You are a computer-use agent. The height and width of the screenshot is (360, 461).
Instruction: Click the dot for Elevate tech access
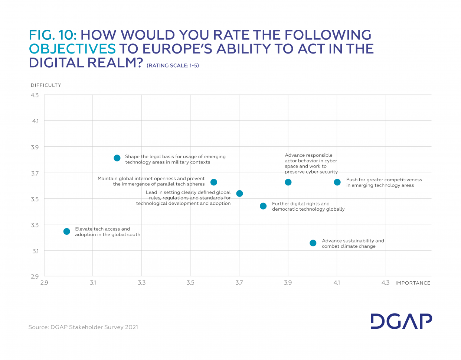click(x=67, y=231)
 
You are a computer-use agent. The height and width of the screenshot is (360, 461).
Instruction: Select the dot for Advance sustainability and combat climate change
click(x=313, y=243)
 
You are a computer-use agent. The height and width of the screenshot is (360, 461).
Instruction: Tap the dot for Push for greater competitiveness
click(x=337, y=182)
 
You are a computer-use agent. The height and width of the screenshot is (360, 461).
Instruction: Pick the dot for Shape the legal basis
click(x=117, y=158)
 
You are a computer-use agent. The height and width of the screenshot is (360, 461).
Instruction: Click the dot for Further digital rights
click(x=263, y=206)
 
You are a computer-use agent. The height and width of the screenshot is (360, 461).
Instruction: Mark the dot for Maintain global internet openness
click(x=214, y=182)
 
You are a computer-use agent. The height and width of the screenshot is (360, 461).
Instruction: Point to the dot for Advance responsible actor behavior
click(x=288, y=182)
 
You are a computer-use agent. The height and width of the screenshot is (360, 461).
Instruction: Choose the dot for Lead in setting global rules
click(x=239, y=193)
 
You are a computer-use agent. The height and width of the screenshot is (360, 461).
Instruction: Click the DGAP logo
click(x=401, y=321)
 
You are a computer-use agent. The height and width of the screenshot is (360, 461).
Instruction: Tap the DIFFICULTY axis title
click(x=46, y=85)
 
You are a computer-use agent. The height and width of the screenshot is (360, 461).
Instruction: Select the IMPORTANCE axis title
click(x=413, y=283)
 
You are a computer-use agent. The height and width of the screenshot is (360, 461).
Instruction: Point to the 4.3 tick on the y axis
click(x=35, y=95)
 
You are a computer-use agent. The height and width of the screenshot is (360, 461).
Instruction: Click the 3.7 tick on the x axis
click(x=239, y=283)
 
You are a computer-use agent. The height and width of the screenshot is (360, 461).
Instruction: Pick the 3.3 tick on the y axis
click(x=35, y=225)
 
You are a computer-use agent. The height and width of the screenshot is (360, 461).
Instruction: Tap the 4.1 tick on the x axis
click(x=337, y=283)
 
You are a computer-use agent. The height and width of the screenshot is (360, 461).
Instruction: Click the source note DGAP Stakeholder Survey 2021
click(x=83, y=327)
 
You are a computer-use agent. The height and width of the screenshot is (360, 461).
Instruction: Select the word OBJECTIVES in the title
click(x=72, y=49)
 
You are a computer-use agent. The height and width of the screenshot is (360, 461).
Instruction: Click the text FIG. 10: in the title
click(x=53, y=35)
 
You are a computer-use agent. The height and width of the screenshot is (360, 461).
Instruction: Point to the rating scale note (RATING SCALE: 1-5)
click(x=173, y=66)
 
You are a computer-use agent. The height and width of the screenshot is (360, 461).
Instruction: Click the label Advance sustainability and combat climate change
click(x=353, y=243)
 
